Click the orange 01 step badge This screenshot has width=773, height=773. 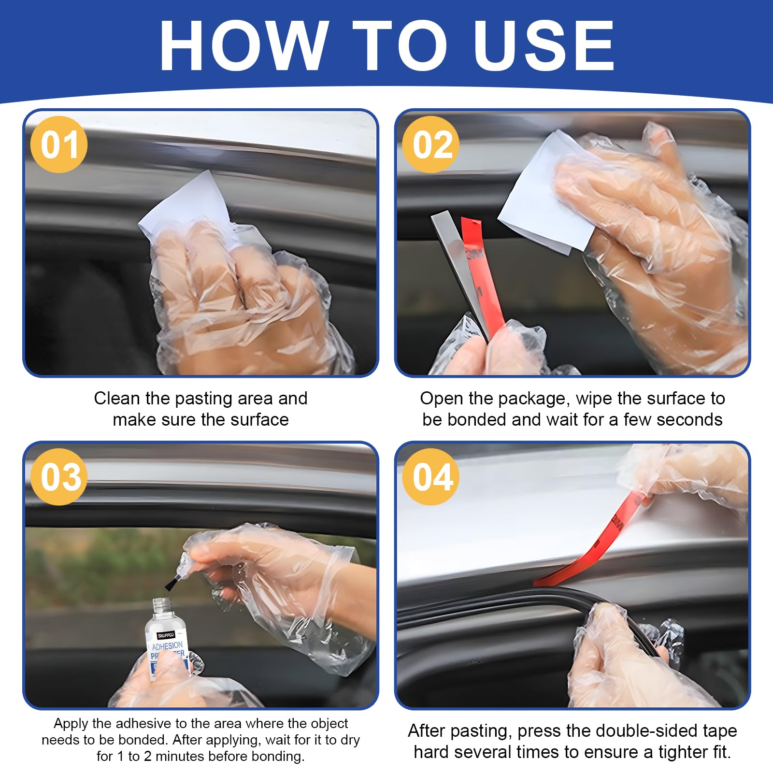pos(59,144)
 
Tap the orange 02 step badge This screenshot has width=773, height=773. pos(431,144)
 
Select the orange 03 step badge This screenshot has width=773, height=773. pos(59,477)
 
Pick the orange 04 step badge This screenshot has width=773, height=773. pos(431,477)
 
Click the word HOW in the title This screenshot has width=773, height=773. pos(243,45)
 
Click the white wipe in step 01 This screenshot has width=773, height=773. pos(186,208)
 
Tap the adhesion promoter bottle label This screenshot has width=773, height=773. pos(167,650)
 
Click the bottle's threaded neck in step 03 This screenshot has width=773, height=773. pos(162,606)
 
